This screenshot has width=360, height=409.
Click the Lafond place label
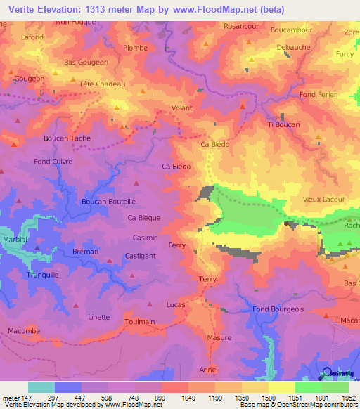pyautogui.click(x=32, y=37)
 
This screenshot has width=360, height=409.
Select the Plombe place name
pyautogui.click(x=135, y=48)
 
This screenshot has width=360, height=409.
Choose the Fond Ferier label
pyautogui.click(x=317, y=95)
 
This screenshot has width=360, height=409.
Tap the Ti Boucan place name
pyautogui.click(x=283, y=124)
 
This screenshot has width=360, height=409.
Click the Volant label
pyautogui.click(x=182, y=108)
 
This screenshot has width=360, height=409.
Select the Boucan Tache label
pyautogui.click(x=67, y=138)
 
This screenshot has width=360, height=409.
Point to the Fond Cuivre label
pyautogui.click(x=53, y=162)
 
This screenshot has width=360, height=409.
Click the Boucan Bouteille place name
pyautogui.click(x=108, y=201)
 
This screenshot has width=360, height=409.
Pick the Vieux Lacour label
pyautogui.click(x=323, y=200)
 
